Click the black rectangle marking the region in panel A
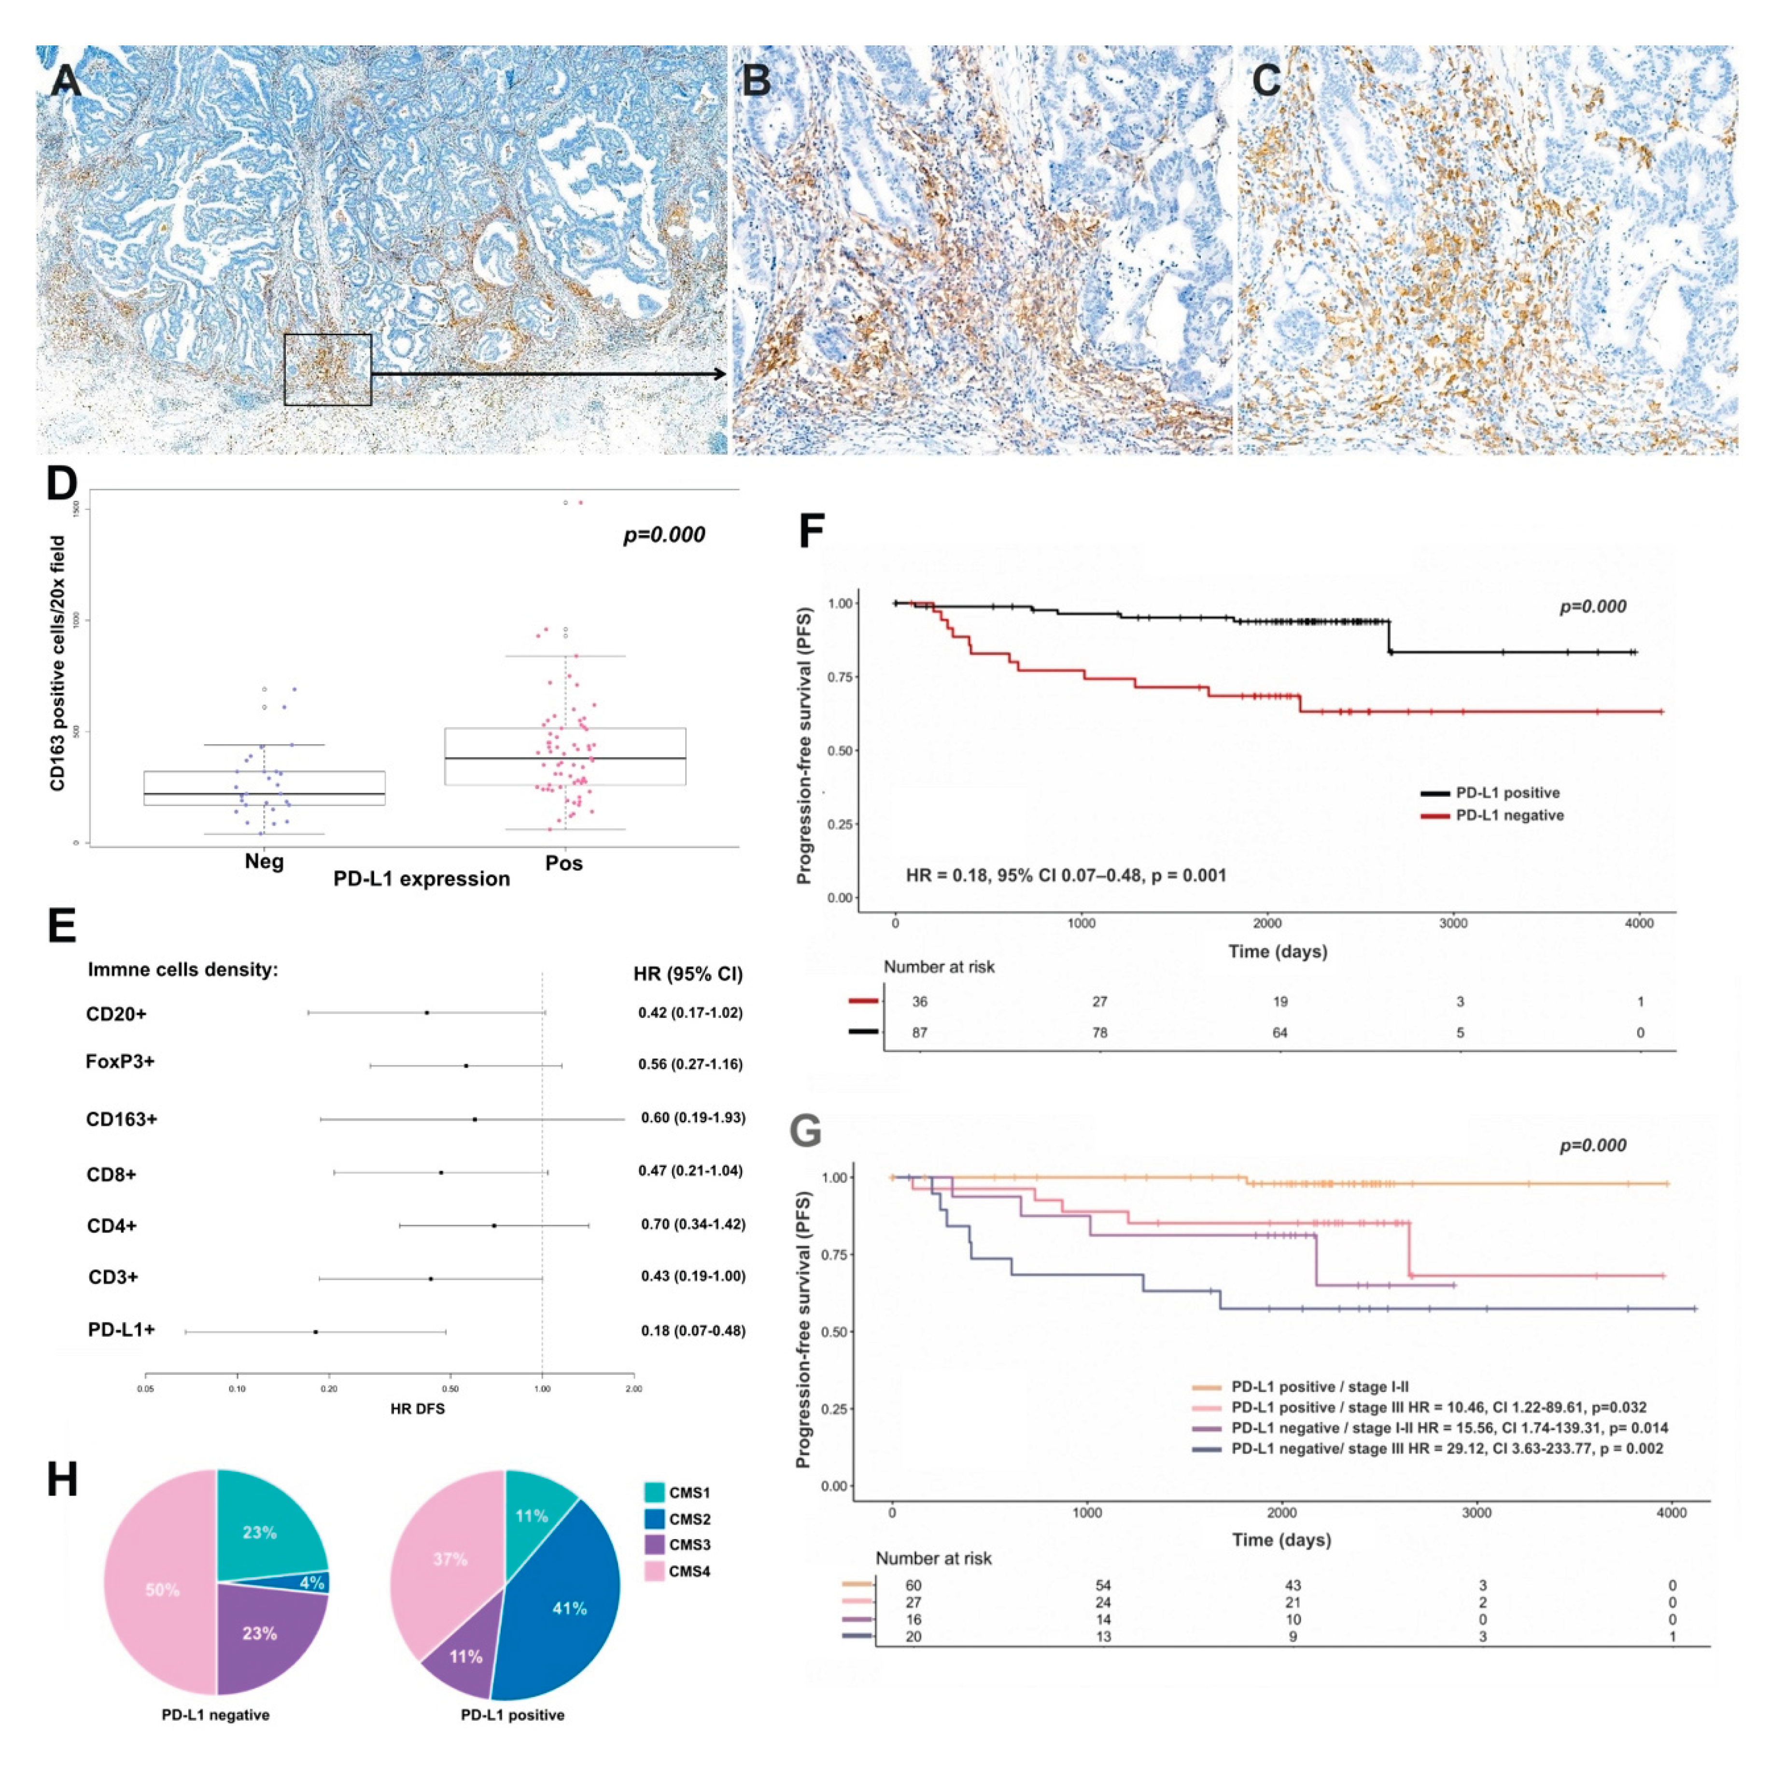tap(327, 370)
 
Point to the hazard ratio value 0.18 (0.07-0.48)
tap(693, 1331)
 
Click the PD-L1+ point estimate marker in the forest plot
tap(315, 1332)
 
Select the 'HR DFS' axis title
tap(417, 1408)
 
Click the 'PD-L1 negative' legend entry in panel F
tap(1509, 815)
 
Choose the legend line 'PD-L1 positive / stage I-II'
tap(1319, 1386)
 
